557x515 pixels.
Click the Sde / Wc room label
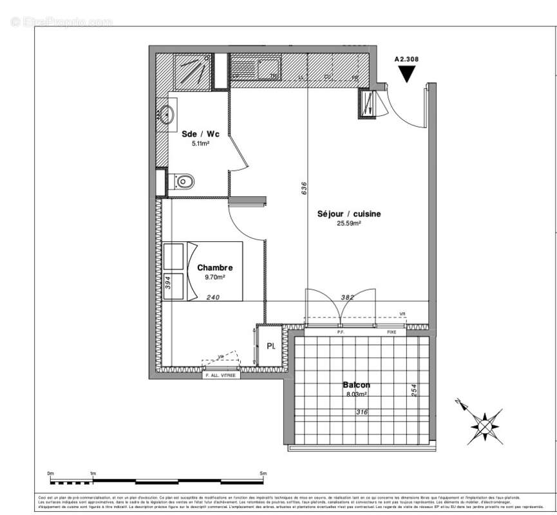(200, 134)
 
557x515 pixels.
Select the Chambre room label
(214, 268)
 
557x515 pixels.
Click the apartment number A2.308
(406, 59)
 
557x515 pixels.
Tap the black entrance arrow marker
(406, 74)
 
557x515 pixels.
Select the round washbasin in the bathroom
(166, 115)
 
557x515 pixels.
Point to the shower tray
(192, 71)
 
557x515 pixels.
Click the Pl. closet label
(271, 346)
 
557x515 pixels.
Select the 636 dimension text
(303, 187)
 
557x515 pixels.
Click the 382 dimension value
(346, 297)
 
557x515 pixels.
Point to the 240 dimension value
(213, 297)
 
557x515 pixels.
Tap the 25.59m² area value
(348, 224)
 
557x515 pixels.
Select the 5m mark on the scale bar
(263, 474)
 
